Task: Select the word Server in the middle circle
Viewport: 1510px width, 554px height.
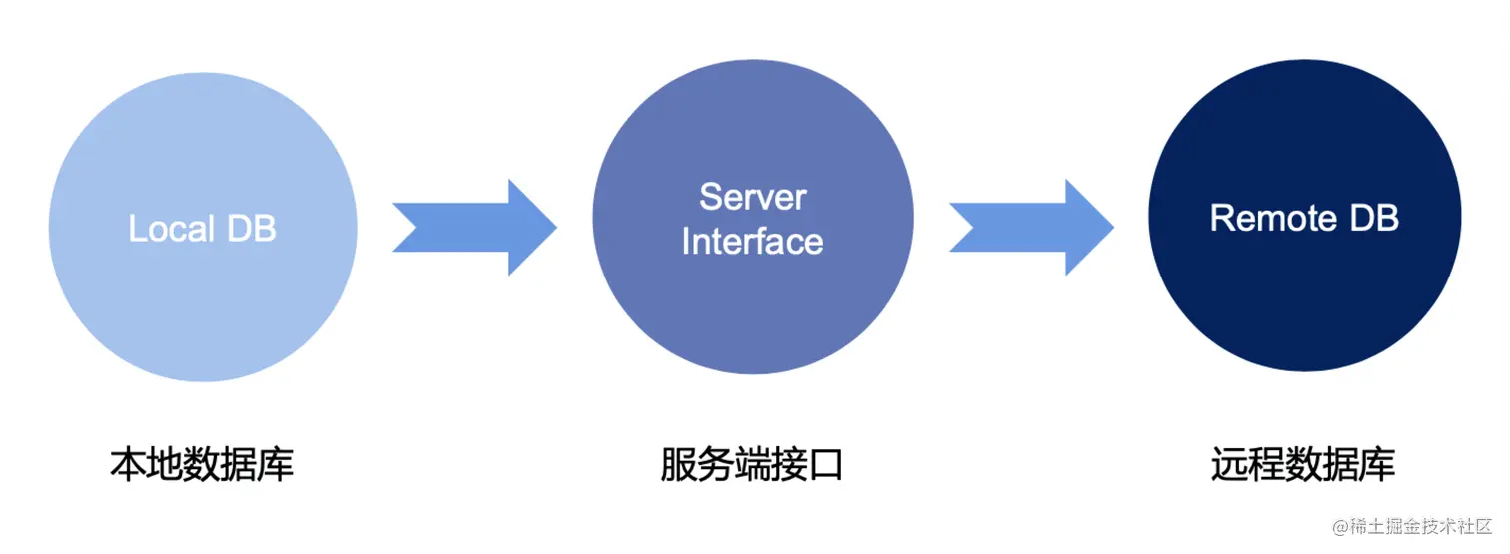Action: click(752, 197)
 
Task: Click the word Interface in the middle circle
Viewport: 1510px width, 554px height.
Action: click(752, 242)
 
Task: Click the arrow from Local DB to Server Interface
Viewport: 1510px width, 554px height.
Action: click(475, 227)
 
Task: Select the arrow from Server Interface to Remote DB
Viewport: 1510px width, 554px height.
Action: click(1031, 227)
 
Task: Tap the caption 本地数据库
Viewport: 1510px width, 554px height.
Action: click(202, 466)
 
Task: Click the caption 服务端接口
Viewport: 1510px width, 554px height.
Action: click(752, 466)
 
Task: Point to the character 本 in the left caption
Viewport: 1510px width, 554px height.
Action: click(128, 466)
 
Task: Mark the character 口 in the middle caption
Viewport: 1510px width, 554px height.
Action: click(826, 466)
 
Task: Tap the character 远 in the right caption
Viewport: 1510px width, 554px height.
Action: click(1229, 466)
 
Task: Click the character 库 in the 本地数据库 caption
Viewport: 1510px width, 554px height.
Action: click(276, 466)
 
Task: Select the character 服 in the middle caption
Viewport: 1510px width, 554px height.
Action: click(679, 466)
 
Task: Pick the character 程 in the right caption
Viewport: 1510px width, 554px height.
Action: click(1266, 466)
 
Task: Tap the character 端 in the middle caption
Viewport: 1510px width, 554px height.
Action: click(752, 466)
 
